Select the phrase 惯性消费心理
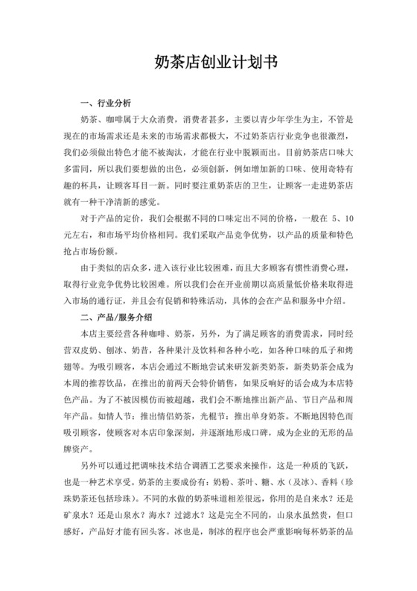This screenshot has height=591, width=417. pyautogui.click(x=327, y=267)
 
